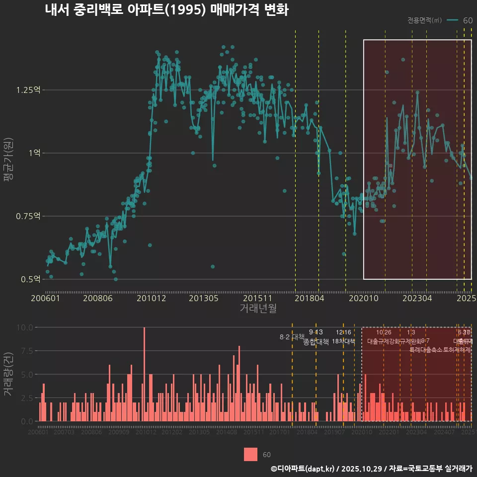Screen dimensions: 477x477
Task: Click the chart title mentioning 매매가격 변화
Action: [x=166, y=10]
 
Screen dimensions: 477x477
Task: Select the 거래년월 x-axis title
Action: [x=258, y=308]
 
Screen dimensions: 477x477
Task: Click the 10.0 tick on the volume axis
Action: [x=25, y=327]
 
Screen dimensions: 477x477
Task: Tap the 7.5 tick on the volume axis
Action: [x=26, y=351]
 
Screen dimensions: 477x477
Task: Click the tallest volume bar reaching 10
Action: [x=144, y=374]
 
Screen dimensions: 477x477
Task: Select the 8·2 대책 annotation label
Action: [x=292, y=337]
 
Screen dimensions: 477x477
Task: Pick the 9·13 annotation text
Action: [x=316, y=332]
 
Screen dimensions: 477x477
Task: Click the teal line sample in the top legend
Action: [x=452, y=20]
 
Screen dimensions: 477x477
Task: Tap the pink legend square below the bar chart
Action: [x=251, y=454]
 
